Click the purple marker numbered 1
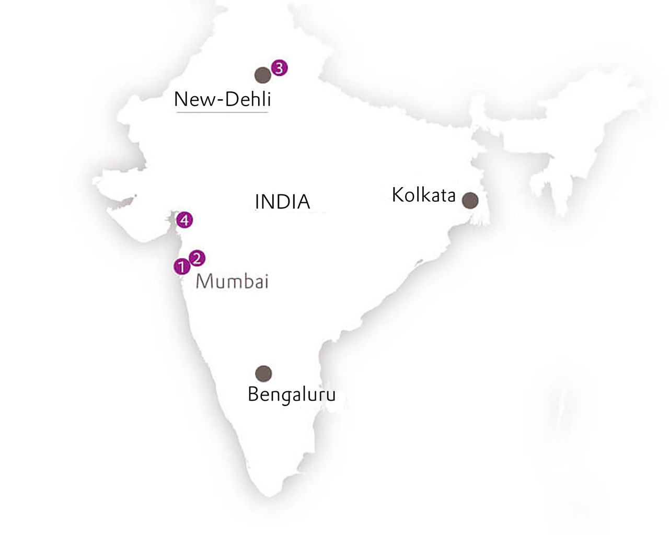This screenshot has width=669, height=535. click(x=181, y=266)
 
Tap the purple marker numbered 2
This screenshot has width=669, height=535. click(x=197, y=258)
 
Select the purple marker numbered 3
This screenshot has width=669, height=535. click(x=279, y=68)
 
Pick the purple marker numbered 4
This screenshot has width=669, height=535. click(x=184, y=220)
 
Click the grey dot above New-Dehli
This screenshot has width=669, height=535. click(x=262, y=75)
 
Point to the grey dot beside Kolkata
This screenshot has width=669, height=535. click(x=470, y=200)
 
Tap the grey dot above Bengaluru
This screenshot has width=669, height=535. click(x=263, y=373)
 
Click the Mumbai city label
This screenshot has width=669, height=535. click(x=232, y=282)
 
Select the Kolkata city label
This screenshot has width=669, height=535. click(x=423, y=195)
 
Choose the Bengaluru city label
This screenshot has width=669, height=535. click(x=292, y=394)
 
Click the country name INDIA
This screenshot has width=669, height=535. click(x=282, y=202)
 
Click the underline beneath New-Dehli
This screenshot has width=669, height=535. click(x=222, y=111)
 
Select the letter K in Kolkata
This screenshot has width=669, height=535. click(x=397, y=195)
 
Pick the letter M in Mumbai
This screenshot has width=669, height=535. click(x=204, y=282)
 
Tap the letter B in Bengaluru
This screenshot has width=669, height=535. click(x=253, y=394)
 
